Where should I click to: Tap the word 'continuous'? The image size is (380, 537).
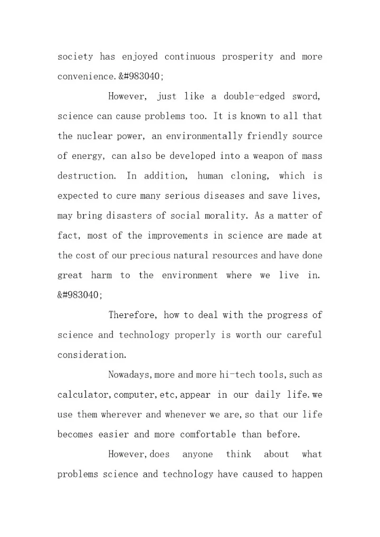click(189, 56)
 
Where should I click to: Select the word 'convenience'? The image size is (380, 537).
click(85, 76)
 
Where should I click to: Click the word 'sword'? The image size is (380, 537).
click(306, 97)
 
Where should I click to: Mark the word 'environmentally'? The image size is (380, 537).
click(197, 136)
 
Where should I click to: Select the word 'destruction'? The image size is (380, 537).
click(85, 176)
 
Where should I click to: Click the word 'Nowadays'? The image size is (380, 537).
click(129, 375)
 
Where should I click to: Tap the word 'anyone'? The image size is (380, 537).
click(198, 454)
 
